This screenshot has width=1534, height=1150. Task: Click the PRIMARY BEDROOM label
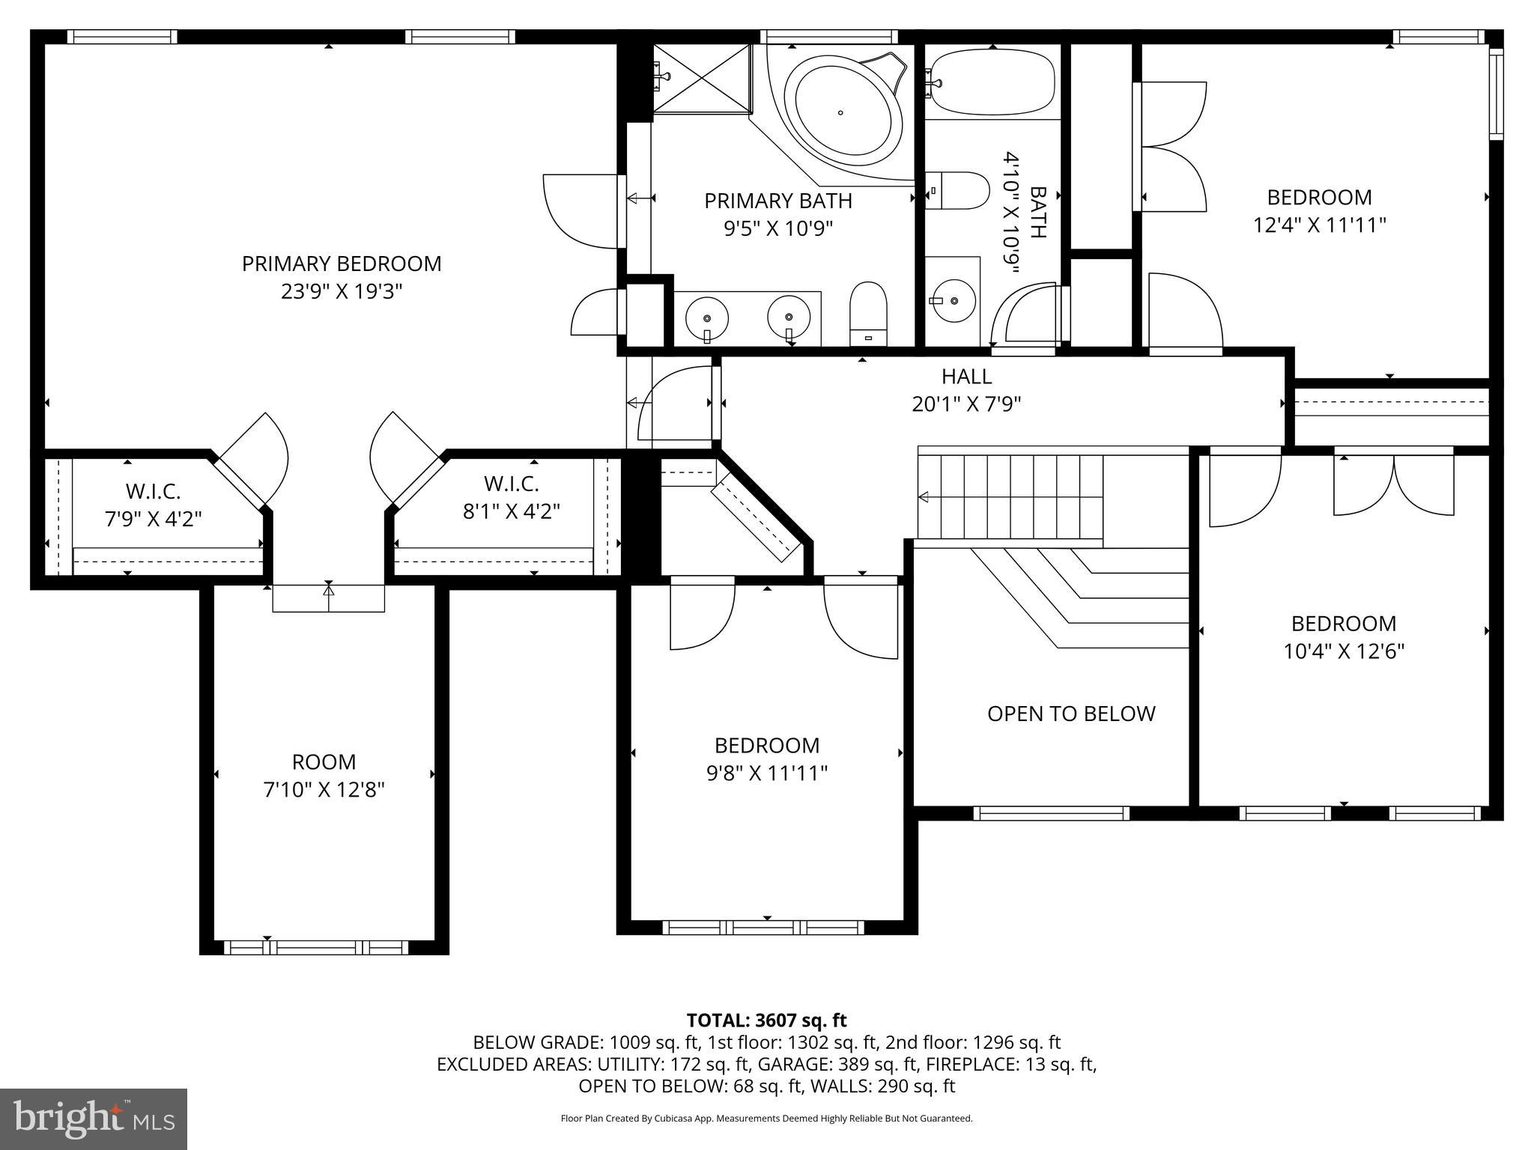click(x=342, y=264)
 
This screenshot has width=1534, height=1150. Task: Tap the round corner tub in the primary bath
click(x=841, y=113)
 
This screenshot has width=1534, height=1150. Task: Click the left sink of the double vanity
click(x=707, y=317)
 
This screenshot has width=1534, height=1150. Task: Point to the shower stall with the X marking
click(x=702, y=79)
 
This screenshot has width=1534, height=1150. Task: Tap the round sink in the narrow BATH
click(x=954, y=301)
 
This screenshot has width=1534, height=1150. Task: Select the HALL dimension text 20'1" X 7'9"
click(x=966, y=404)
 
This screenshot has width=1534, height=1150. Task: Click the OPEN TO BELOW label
click(x=1071, y=714)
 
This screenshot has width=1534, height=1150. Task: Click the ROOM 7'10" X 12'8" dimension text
click(x=324, y=790)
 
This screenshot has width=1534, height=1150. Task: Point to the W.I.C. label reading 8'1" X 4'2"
click(x=512, y=511)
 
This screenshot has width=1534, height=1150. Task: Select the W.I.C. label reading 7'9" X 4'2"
click(x=154, y=519)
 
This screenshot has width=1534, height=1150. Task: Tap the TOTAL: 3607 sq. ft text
click(x=766, y=1020)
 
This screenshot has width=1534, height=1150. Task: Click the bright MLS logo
click(x=94, y=1119)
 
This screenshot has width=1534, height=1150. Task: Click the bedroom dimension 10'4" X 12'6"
click(x=1344, y=651)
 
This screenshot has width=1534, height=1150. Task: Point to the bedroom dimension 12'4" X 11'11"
click(x=1319, y=225)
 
